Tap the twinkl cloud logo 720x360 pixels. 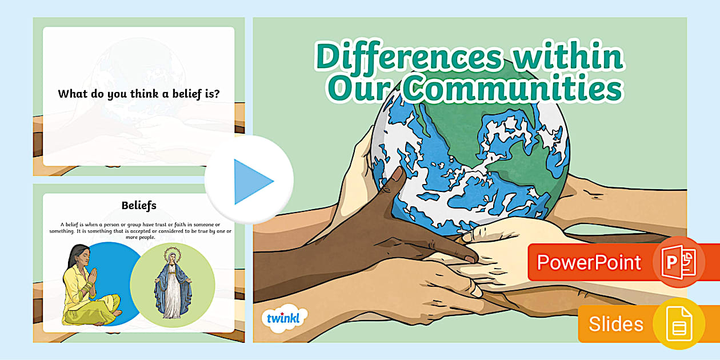pyautogui.click(x=284, y=318)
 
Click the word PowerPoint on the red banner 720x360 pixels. pyautogui.click(x=589, y=262)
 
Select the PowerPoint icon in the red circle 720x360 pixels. pyautogui.click(x=679, y=262)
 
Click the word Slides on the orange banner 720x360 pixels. pyautogui.click(x=616, y=323)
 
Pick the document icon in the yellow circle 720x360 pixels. pyautogui.click(x=679, y=323)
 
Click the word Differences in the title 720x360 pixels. pyautogui.click(x=409, y=56)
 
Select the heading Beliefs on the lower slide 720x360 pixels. pyautogui.click(x=139, y=206)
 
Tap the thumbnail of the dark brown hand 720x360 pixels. pyautogui.click(x=397, y=174)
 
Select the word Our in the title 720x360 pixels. pyautogui.click(x=359, y=89)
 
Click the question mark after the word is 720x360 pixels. pyautogui.click(x=217, y=94)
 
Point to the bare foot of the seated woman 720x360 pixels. pyautogui.click(x=117, y=313)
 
